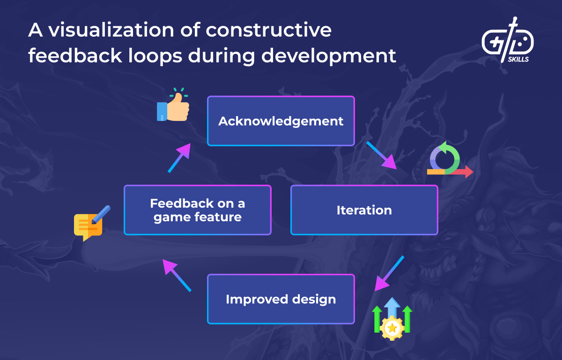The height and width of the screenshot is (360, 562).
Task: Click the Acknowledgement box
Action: click(x=281, y=121)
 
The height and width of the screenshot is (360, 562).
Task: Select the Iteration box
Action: click(x=364, y=210)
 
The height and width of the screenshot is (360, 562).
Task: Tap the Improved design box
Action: click(x=281, y=299)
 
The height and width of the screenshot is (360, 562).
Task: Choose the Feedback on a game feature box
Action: click(x=197, y=210)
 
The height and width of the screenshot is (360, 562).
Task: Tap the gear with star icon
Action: click(x=392, y=327)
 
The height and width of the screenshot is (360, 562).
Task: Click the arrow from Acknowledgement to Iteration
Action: click(x=381, y=155)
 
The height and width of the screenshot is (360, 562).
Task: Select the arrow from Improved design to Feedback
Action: click(x=177, y=275)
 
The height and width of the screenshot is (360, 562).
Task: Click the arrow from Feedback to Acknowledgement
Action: click(x=179, y=157)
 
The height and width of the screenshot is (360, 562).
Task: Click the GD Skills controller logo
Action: click(x=507, y=39)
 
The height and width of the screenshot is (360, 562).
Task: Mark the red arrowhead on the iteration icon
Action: click(x=468, y=172)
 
